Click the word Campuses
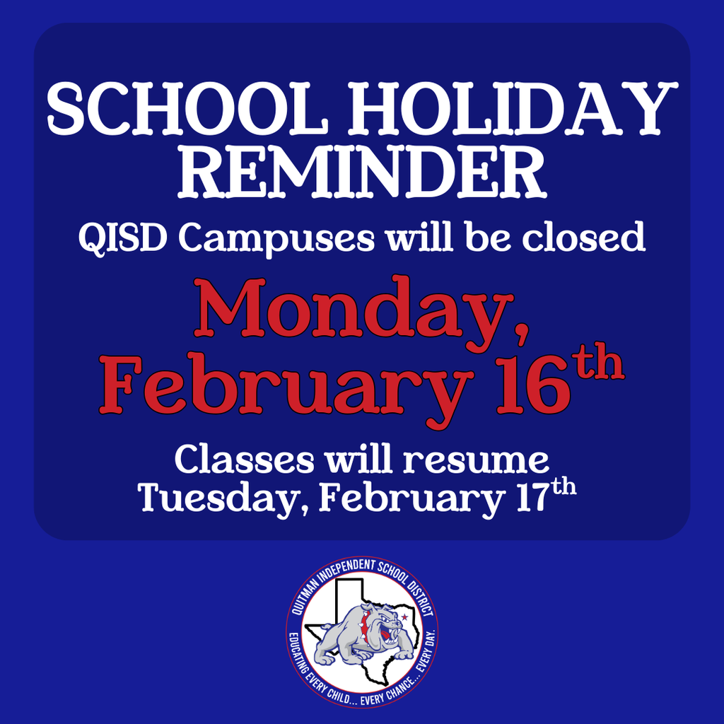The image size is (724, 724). click(x=276, y=239)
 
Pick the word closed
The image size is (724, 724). click(x=583, y=238)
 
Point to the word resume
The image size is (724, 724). click(x=477, y=460)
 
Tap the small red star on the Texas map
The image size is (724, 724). click(x=404, y=617)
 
